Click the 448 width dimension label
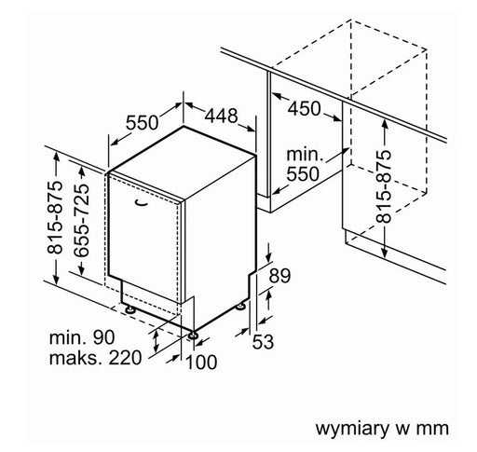(x=221, y=116)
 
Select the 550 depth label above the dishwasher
(x=142, y=122)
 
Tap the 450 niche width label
(x=304, y=108)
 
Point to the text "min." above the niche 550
(x=305, y=155)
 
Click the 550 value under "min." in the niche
(x=303, y=173)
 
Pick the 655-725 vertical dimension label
(x=82, y=221)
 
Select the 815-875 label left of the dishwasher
(x=55, y=217)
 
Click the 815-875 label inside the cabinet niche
(x=384, y=186)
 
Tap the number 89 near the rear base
(x=279, y=275)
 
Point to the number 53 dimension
(x=263, y=341)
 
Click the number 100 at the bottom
(x=201, y=362)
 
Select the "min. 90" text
(x=82, y=337)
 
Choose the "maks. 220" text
(x=95, y=358)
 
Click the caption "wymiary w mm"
(x=382, y=429)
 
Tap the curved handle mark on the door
(x=141, y=202)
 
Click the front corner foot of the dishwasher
(x=193, y=336)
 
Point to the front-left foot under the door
(x=129, y=309)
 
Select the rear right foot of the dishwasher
(x=240, y=307)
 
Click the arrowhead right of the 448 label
(x=251, y=129)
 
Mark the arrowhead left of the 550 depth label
(x=115, y=143)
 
